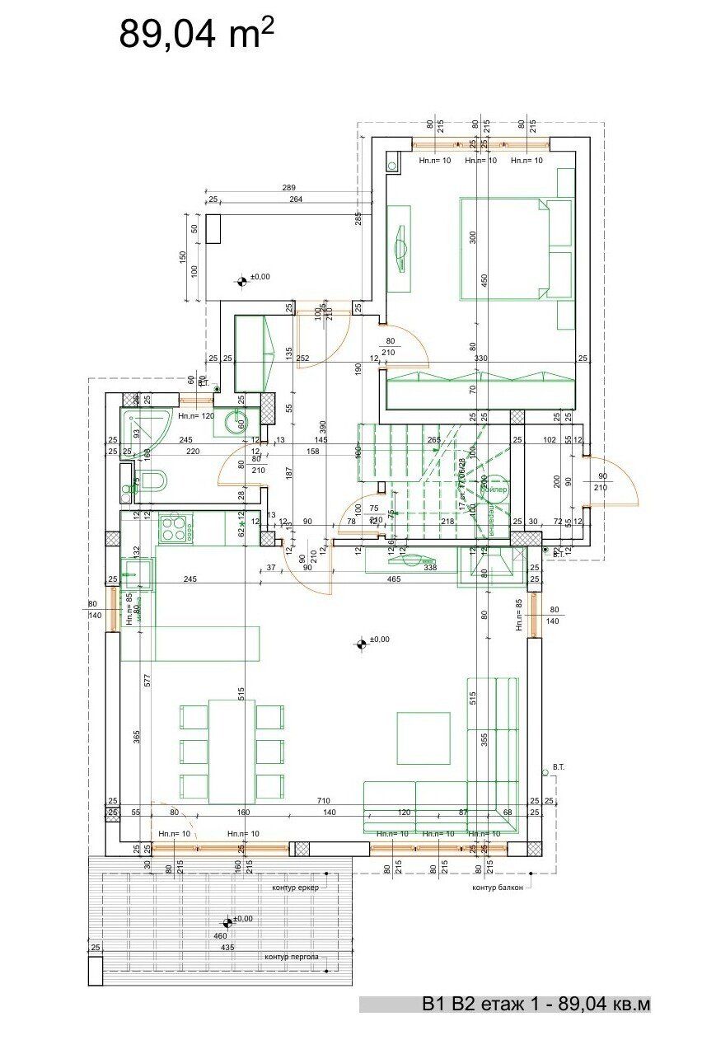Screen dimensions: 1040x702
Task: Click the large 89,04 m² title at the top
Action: (x=196, y=33)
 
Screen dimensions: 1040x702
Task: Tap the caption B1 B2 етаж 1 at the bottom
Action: (x=536, y=1005)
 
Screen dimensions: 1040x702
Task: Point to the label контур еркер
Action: (x=294, y=888)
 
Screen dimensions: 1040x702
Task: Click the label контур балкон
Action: (x=497, y=888)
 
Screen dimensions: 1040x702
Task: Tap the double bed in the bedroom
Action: (x=515, y=248)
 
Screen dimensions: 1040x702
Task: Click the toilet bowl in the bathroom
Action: (x=152, y=480)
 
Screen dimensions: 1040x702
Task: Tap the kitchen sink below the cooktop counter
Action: (x=135, y=571)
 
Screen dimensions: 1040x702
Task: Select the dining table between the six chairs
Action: (x=232, y=751)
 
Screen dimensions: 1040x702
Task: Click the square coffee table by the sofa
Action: (x=424, y=738)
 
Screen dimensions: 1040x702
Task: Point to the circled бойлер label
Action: (x=494, y=489)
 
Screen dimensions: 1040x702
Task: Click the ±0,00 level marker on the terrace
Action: (x=228, y=924)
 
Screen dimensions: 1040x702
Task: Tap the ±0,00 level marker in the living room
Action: (x=361, y=644)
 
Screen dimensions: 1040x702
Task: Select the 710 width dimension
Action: (x=323, y=801)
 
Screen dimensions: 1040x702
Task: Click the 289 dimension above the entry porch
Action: (x=288, y=188)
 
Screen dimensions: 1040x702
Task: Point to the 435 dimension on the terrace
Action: (x=227, y=948)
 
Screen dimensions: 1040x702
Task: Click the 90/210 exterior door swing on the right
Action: (x=614, y=482)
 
